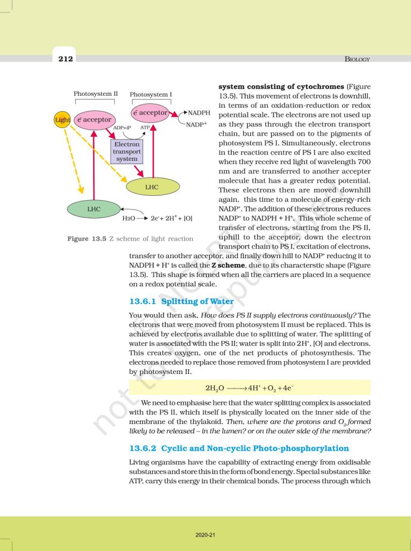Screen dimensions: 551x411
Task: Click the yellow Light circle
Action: tap(62, 119)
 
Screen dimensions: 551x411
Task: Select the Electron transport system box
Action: tap(127, 152)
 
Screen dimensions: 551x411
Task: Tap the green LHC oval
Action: tap(94, 208)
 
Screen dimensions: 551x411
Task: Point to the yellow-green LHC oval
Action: tap(152, 187)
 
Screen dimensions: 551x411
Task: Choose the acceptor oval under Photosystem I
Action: tap(151, 113)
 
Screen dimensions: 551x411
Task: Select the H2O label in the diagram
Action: tap(129, 218)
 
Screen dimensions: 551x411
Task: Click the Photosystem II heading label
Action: tap(96, 94)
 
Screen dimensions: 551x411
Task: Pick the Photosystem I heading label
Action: tap(151, 95)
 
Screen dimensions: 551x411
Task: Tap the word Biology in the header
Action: tap(357, 59)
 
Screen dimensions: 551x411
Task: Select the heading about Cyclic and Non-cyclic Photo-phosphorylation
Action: tap(239, 448)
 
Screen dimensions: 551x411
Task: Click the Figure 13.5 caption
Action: tap(130, 238)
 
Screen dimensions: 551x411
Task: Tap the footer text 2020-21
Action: tap(205, 535)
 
